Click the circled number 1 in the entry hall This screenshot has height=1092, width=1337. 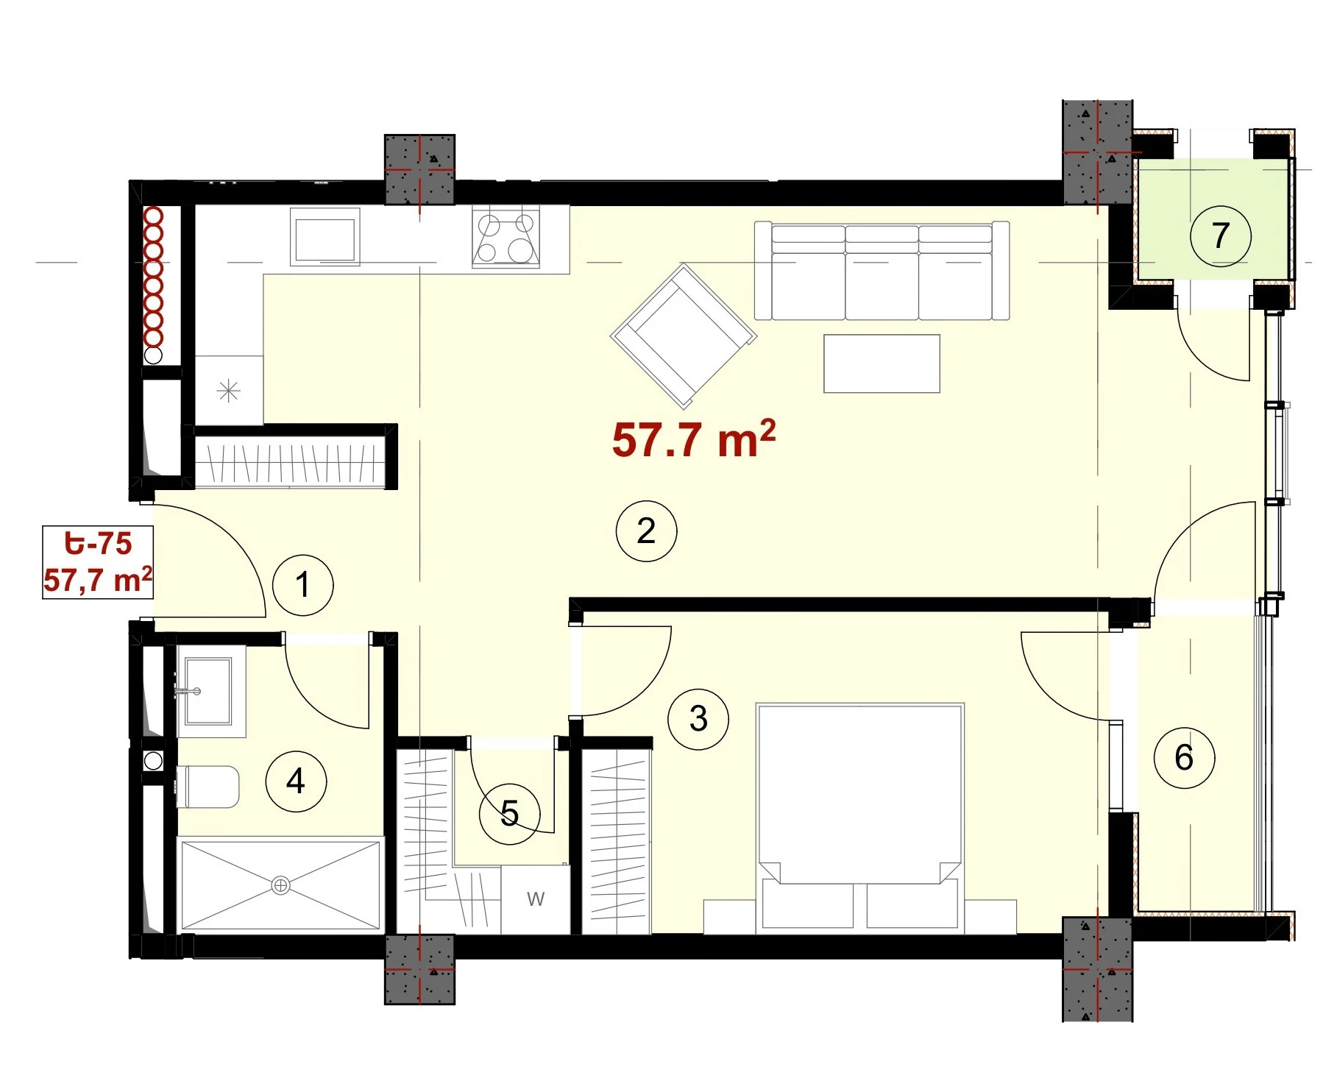pyautogui.click(x=303, y=585)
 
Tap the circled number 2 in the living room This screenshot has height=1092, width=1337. pyautogui.click(x=646, y=531)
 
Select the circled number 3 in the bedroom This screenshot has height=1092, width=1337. pyautogui.click(x=698, y=718)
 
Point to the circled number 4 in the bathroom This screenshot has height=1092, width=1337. pyautogui.click(x=296, y=781)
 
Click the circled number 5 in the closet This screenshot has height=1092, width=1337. pyautogui.click(x=509, y=813)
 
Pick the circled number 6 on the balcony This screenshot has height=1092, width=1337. pyautogui.click(x=1184, y=757)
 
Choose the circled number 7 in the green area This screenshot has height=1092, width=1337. pyautogui.click(x=1221, y=235)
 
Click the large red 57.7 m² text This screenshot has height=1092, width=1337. pyautogui.click(x=693, y=439)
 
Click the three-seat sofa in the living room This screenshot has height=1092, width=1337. pyautogui.click(x=882, y=271)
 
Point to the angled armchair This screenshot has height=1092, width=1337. pyautogui.click(x=684, y=336)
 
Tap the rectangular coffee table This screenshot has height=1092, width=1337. pyautogui.click(x=882, y=364)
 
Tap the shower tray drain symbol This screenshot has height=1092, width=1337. pyautogui.click(x=280, y=885)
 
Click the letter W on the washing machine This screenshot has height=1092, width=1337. pyautogui.click(x=536, y=898)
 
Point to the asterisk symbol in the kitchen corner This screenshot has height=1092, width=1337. pyautogui.click(x=229, y=391)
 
